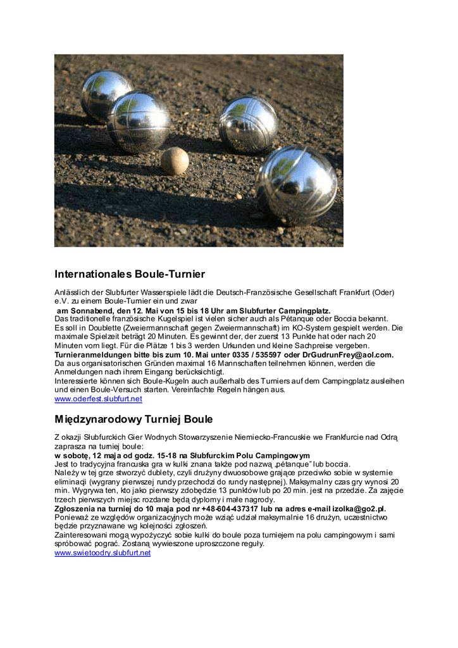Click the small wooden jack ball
click(x=175, y=161)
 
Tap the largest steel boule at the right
click(x=297, y=185)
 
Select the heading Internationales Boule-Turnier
click(x=130, y=274)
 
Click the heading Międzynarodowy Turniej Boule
click(x=133, y=419)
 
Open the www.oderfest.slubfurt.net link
click(x=98, y=399)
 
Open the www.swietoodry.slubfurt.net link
click(x=102, y=552)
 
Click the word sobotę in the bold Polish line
click(x=78, y=456)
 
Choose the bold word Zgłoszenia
click(x=76, y=508)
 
